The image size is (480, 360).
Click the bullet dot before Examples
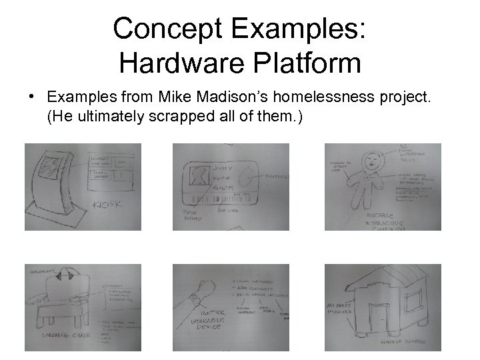[31, 99]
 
